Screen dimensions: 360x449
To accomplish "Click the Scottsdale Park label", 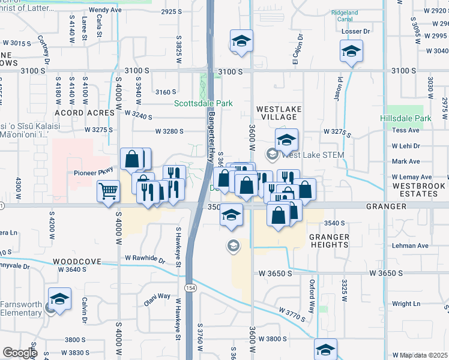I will [x=203, y=103].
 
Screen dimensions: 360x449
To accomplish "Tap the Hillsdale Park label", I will [x=406, y=118].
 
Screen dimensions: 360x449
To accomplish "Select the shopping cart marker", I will [x=108, y=192].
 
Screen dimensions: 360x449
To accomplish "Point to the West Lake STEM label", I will [x=313, y=155].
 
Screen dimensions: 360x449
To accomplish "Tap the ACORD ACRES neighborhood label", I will [x=85, y=113].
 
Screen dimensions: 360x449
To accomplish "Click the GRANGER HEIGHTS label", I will [x=330, y=241].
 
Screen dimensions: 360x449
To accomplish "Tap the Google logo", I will [x=19, y=353].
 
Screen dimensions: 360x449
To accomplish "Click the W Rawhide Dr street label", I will [x=145, y=258].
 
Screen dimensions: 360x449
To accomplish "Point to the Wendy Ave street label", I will [x=105, y=10].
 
